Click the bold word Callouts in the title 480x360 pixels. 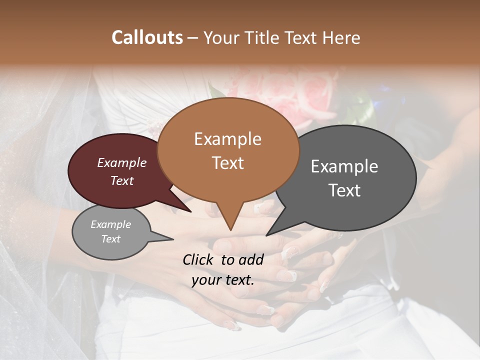click(x=147, y=37)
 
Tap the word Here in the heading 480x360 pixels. click(x=341, y=37)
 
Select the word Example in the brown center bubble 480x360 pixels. click(x=227, y=139)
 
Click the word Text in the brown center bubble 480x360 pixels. click(x=227, y=163)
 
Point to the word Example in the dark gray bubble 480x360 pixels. click(x=344, y=166)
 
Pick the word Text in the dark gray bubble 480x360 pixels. click(x=344, y=190)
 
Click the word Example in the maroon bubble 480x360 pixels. click(x=121, y=163)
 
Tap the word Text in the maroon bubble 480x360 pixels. click(x=121, y=180)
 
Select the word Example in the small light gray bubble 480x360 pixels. click(x=110, y=224)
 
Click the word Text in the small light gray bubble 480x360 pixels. click(x=110, y=239)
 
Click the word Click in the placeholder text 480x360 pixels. click(x=199, y=259)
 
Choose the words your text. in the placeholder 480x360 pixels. click(x=222, y=280)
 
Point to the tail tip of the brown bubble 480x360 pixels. click(x=230, y=230)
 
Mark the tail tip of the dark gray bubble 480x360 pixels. click(x=266, y=235)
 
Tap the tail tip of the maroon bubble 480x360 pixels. click(x=190, y=212)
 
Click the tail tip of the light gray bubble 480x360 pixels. click(x=173, y=239)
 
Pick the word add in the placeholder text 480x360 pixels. click(x=251, y=259)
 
